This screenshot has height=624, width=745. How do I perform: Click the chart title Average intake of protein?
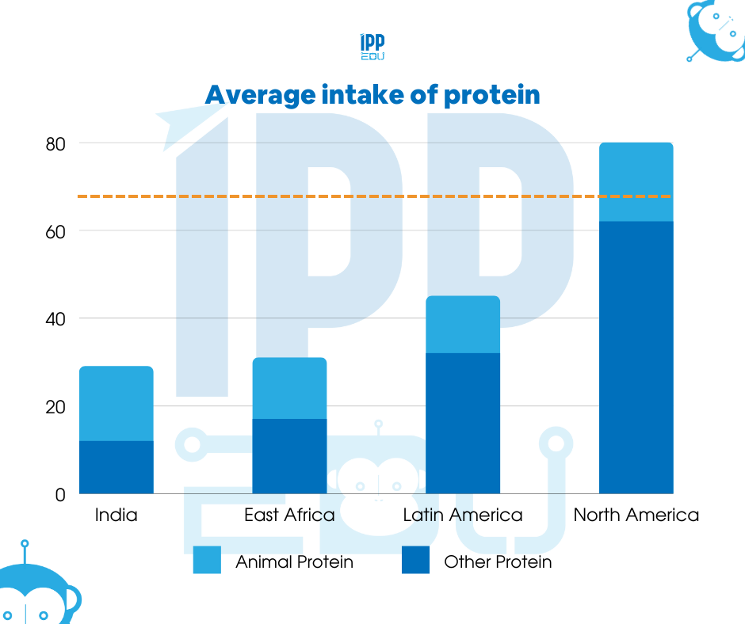[x=372, y=95]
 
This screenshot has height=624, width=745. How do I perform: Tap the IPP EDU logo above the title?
[x=372, y=48]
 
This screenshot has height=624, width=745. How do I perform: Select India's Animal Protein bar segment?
[x=116, y=403]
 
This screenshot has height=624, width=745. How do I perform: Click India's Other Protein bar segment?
[x=116, y=467]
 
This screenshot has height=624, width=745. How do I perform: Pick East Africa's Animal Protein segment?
[x=289, y=388]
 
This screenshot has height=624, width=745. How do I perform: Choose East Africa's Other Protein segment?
[x=289, y=456]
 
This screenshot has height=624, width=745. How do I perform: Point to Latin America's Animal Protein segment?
[x=463, y=325]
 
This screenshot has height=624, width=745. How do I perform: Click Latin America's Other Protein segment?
[x=463, y=424]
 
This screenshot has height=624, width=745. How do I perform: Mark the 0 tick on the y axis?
[x=60, y=495]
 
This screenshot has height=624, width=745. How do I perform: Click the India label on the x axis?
[x=116, y=516]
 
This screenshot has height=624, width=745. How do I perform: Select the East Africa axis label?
[x=289, y=516]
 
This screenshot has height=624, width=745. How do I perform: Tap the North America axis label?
[x=636, y=516]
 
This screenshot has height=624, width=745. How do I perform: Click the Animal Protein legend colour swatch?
[x=207, y=560]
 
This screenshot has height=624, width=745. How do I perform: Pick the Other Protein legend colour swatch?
[x=415, y=560]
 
